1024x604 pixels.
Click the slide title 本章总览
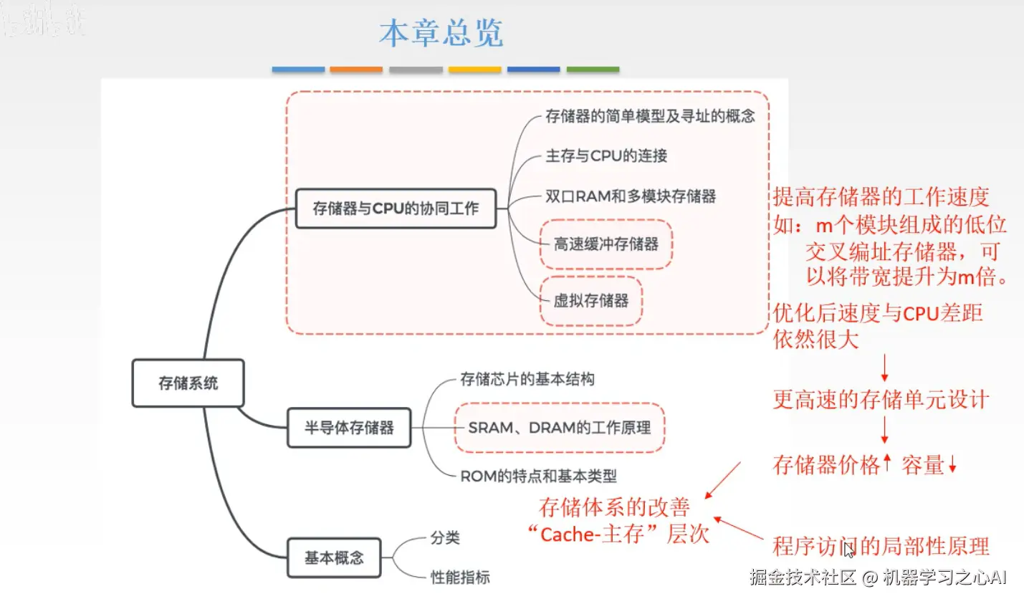click(x=441, y=34)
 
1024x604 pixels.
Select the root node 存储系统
click(x=188, y=383)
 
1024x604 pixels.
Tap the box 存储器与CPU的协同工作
click(x=396, y=208)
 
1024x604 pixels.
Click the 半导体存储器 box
click(x=349, y=428)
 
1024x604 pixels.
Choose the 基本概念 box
click(x=334, y=557)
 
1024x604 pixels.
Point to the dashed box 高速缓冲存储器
click(x=606, y=244)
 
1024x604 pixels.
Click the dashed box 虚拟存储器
click(x=590, y=301)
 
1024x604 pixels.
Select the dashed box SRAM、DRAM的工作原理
click(x=559, y=428)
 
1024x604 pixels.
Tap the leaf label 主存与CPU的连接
click(x=606, y=155)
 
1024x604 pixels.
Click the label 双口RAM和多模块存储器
click(x=631, y=196)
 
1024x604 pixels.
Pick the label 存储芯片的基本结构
click(x=527, y=379)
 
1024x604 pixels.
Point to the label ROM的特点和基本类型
click(x=538, y=476)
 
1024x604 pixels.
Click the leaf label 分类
click(x=445, y=537)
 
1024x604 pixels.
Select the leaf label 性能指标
click(x=460, y=577)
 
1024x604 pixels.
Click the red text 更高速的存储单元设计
click(x=881, y=400)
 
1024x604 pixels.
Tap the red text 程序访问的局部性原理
click(x=881, y=547)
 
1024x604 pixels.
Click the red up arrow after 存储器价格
click(x=887, y=462)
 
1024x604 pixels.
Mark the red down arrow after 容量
click(x=952, y=466)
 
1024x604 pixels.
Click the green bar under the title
click(x=593, y=69)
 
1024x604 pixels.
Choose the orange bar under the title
click(x=356, y=69)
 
